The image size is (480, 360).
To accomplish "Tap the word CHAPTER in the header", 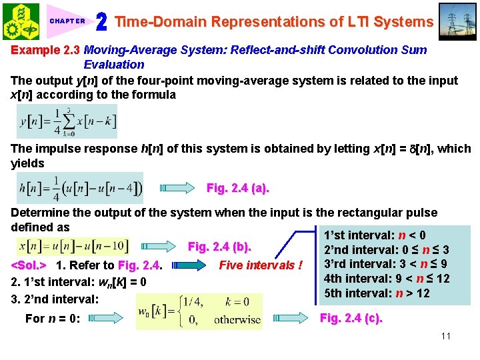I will point(67,21).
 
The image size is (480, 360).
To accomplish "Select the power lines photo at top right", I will point(458,21).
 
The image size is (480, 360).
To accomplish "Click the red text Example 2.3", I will point(45,50).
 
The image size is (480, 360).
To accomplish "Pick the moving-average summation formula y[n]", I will point(67,121).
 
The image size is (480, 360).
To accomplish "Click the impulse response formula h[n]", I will point(79,188).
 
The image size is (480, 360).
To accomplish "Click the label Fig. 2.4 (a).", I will point(238,189).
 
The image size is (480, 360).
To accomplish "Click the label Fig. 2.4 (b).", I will point(220,247).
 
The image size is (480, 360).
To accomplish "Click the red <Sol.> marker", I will point(29,266).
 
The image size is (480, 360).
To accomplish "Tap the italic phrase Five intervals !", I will point(261,265).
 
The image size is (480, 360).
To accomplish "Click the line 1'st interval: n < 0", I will point(374,235).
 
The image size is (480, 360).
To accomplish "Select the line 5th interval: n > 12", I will point(377,293).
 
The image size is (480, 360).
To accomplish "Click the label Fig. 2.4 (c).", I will point(351,318).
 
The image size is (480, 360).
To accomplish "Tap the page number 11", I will point(445,335).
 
